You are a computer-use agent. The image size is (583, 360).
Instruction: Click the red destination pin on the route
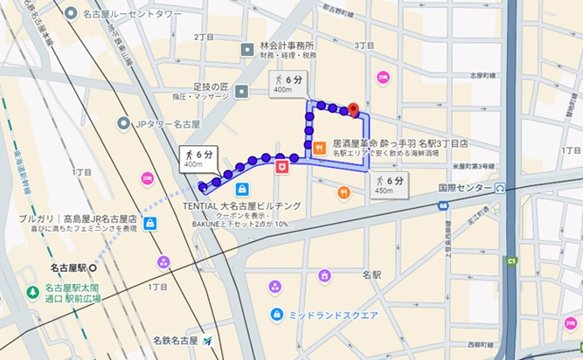(x=353, y=109)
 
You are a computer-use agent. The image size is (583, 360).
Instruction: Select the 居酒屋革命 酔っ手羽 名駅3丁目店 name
(x=400, y=142)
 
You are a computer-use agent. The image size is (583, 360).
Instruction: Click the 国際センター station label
(x=464, y=187)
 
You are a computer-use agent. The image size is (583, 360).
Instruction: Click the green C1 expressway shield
(x=512, y=260)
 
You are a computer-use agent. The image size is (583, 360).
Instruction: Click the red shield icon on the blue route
(x=282, y=165)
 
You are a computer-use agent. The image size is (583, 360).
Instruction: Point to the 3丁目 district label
(x=364, y=44)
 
